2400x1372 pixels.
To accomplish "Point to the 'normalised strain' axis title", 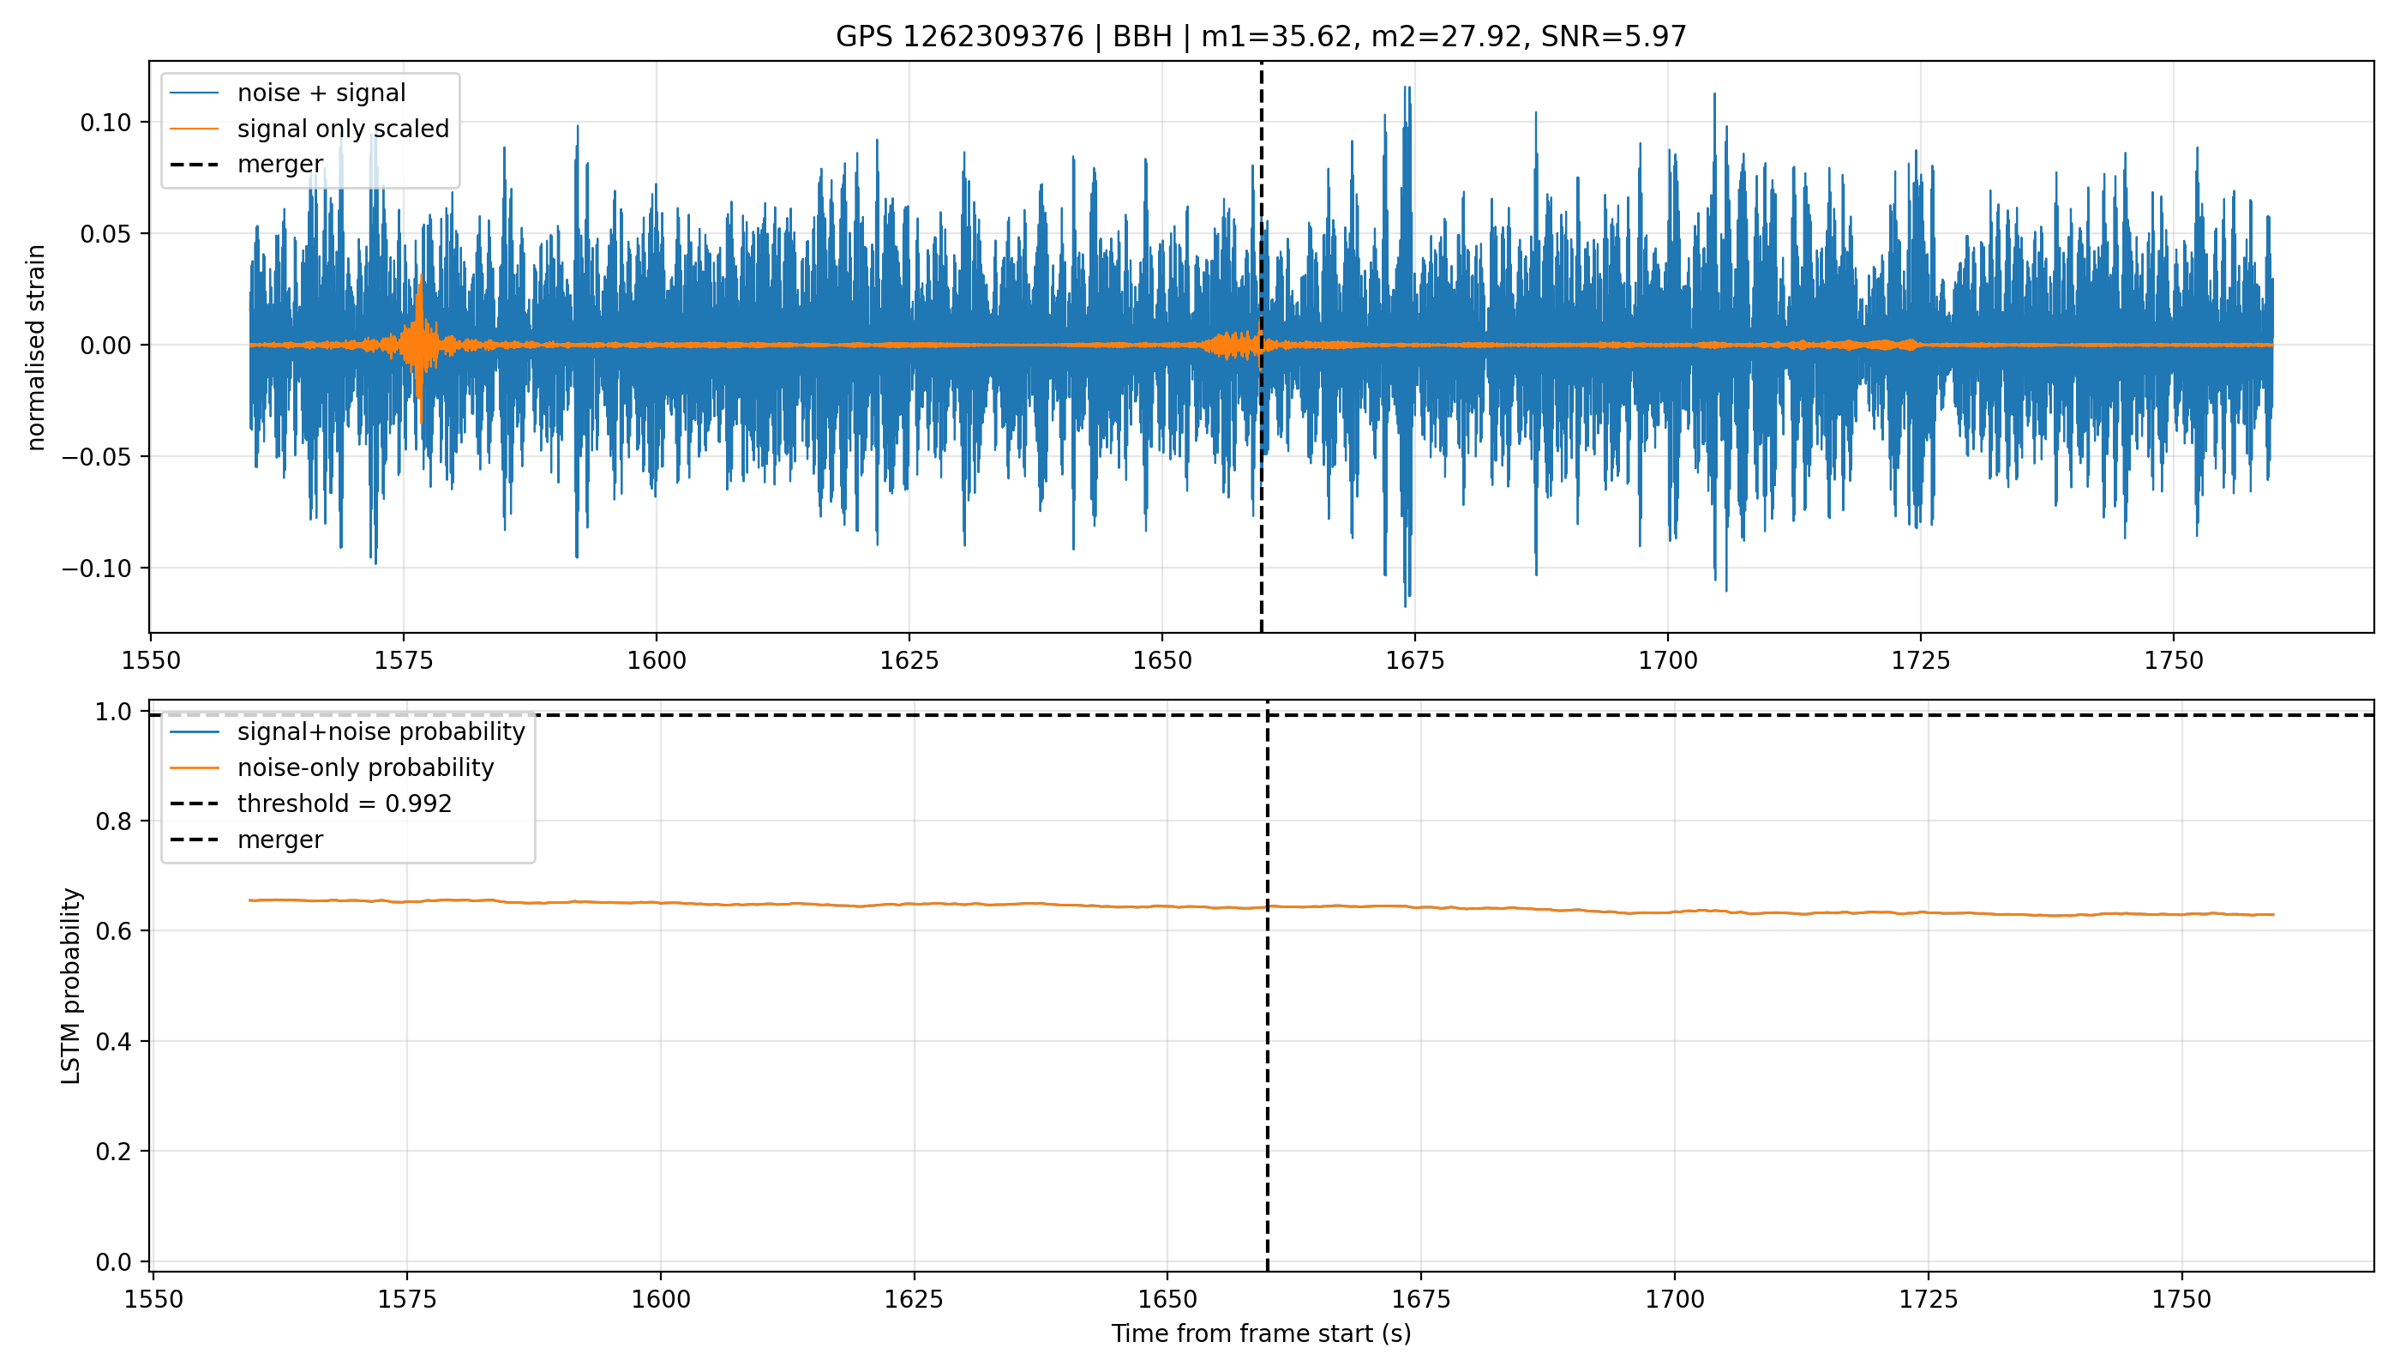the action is (36, 347).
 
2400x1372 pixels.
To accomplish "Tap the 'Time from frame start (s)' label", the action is (1261, 1333).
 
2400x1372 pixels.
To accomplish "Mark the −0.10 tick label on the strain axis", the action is (97, 569).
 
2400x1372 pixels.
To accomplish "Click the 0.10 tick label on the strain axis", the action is (105, 123).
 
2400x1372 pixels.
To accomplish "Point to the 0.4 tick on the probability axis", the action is (114, 1041).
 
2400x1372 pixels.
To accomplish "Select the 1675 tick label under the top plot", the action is (1415, 660).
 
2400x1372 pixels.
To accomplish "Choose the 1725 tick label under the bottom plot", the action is (1928, 1299).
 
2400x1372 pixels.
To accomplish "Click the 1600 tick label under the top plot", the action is (657, 660).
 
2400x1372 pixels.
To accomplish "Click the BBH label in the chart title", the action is (1143, 37).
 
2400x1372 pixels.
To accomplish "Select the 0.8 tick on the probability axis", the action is (114, 821).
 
